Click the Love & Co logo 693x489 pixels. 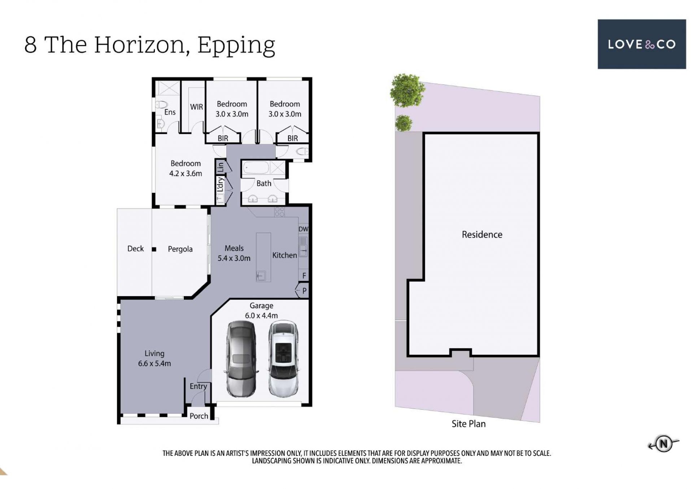641,44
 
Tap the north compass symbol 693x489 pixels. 663,444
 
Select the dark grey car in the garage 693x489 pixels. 241,359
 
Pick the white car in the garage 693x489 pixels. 284,359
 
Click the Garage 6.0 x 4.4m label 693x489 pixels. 261,310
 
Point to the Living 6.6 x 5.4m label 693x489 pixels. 154,358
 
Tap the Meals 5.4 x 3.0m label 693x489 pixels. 234,253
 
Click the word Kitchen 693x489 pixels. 284,255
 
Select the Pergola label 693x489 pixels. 180,249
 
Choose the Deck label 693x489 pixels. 135,248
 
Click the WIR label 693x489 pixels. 196,107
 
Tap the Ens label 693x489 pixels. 170,112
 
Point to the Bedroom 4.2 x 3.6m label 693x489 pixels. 186,168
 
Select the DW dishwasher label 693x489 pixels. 303,229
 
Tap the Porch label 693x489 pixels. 199,416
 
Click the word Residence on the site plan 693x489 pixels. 482,235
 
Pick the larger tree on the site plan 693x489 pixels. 407,90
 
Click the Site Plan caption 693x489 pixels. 468,424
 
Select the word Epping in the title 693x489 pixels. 236,46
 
